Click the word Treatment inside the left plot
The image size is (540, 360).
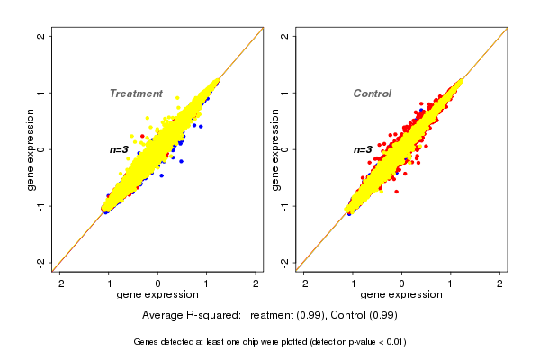coord(136,94)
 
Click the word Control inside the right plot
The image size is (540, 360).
coord(372,94)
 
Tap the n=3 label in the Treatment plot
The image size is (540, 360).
coord(121,149)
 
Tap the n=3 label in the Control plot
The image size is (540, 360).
coord(363,149)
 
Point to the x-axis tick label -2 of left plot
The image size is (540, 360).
coord(59,283)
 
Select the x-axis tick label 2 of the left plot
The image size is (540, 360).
coord(256,283)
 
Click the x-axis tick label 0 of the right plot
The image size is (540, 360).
coord(401,283)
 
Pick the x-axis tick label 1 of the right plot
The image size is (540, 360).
coord(451,283)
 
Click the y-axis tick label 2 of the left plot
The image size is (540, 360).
coord(42,36)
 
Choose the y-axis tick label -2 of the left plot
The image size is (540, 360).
coord(42,262)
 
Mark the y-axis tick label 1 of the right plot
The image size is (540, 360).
coord(285,93)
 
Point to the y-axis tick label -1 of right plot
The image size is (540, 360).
coord(285,206)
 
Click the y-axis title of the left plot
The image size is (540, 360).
coord(31,149)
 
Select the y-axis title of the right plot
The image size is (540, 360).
coord(274,149)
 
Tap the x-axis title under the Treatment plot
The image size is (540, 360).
coord(158,295)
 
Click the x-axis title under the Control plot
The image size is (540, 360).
coord(401,295)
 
